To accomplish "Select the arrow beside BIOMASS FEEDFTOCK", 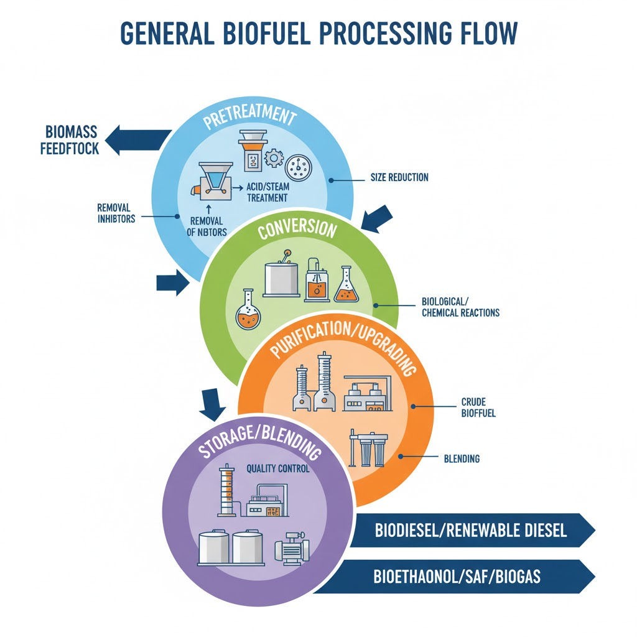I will (138, 141).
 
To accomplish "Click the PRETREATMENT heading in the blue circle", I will (249, 116).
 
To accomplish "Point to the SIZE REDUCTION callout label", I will (399, 177).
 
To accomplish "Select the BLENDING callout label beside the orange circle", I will (462, 458).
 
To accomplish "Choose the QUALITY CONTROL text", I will (278, 468).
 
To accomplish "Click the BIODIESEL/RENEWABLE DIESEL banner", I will (471, 530).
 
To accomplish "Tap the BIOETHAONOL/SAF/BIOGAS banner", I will (457, 577).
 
